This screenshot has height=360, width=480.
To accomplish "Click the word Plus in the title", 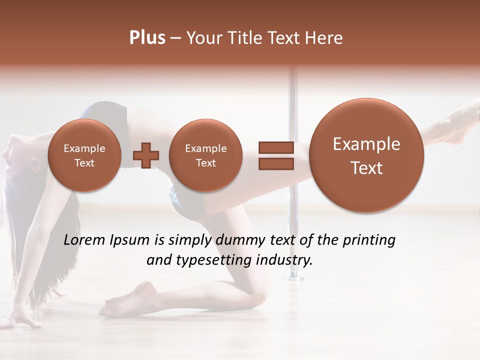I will coord(147,38).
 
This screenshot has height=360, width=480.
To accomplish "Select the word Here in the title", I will coord(324,38).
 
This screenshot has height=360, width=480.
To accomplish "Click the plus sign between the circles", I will coord(146,155).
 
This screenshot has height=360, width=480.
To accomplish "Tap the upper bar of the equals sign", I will coord(275,147).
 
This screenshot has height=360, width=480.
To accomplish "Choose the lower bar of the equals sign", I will coord(275,164).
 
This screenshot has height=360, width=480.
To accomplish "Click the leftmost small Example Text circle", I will coord(84,155).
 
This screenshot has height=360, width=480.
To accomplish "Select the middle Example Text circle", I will coord(205,155).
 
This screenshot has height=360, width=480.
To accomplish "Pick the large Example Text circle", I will coord(366,155).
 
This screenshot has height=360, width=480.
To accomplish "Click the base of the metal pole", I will coord(294,276).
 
